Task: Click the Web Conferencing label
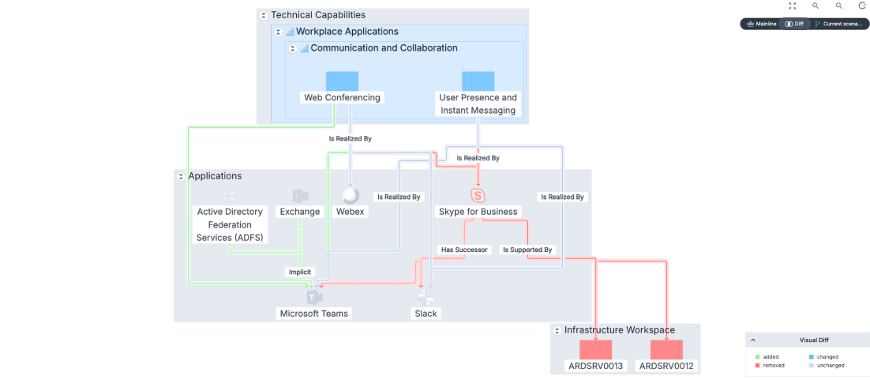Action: click(x=342, y=97)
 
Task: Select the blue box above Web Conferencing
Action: click(x=342, y=81)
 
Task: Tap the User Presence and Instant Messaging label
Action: click(x=478, y=104)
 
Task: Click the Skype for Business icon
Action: click(x=478, y=196)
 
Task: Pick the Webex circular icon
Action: click(x=351, y=196)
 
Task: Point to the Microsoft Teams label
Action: click(x=314, y=314)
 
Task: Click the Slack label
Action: click(x=426, y=314)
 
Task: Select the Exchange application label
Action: click(x=300, y=211)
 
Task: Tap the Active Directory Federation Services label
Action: click(x=231, y=224)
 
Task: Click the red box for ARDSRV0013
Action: click(x=596, y=349)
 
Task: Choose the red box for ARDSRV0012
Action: click(x=666, y=349)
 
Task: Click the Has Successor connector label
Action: click(x=464, y=250)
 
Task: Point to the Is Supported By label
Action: click(x=527, y=250)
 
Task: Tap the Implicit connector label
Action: click(x=300, y=273)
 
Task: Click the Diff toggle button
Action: click(x=794, y=24)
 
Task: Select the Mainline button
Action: click(x=761, y=24)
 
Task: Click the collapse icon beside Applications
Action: click(x=180, y=177)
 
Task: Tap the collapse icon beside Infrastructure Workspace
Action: click(x=557, y=330)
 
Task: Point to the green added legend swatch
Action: click(x=757, y=356)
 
